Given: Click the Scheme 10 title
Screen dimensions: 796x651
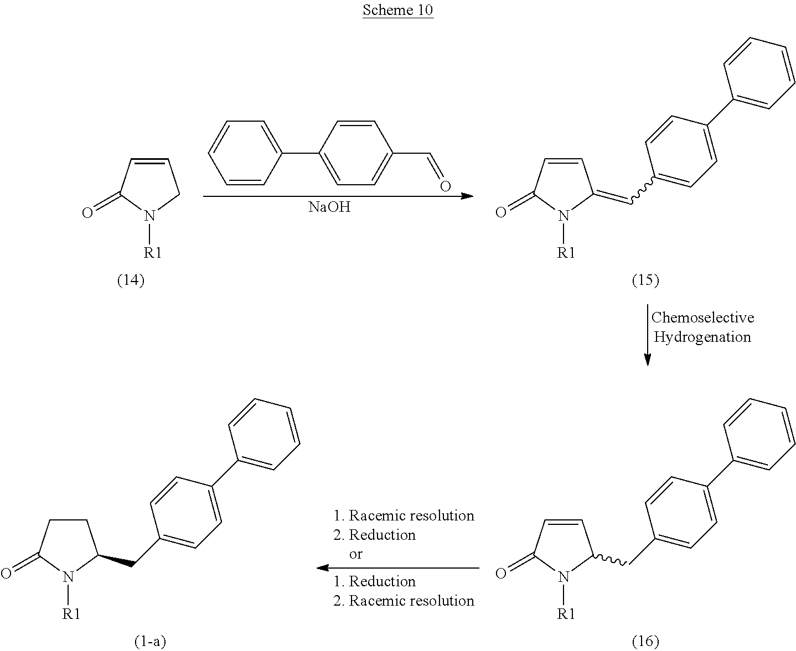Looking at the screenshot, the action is [x=398, y=10].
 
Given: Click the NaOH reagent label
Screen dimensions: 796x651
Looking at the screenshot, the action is [x=329, y=207].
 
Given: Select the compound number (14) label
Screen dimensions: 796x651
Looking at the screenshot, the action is [x=131, y=280].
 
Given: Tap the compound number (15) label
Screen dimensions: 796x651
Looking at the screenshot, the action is [x=645, y=280].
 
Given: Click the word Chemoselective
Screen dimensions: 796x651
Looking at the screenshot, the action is [x=702, y=317].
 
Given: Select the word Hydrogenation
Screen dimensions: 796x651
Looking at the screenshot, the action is [x=702, y=337].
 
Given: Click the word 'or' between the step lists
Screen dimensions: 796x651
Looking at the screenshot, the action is [x=355, y=554].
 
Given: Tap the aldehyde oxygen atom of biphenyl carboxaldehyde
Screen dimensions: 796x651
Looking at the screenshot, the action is [x=446, y=186].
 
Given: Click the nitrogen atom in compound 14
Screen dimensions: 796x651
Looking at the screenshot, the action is [x=150, y=216].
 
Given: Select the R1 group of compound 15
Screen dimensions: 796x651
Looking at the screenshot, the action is [x=566, y=253].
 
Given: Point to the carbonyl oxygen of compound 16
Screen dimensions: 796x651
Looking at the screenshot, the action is [x=500, y=574].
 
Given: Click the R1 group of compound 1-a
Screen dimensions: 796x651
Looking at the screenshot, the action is [x=71, y=614].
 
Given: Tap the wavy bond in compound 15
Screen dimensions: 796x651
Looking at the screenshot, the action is [x=642, y=191].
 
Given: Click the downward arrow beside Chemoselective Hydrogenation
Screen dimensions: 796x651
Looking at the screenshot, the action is [x=647, y=335].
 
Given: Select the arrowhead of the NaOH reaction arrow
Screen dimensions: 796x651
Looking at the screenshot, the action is [x=467, y=196].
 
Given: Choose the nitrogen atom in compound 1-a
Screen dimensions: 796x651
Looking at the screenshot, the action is [x=68, y=577].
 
